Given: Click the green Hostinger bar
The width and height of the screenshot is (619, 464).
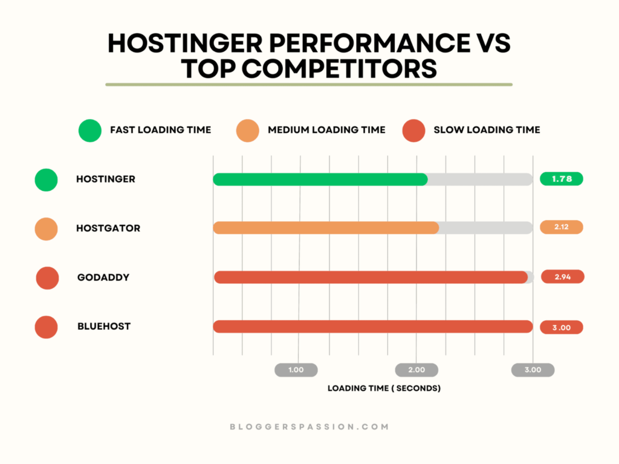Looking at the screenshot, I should tap(320, 179).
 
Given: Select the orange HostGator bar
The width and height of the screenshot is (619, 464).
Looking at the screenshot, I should tap(326, 228).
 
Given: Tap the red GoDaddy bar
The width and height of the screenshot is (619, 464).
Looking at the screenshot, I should tap(371, 277).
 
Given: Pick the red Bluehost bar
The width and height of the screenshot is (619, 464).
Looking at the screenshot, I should tap(373, 326).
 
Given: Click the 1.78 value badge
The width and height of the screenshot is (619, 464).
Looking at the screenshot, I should tap(562, 179).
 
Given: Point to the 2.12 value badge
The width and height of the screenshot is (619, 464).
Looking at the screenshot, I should tap(562, 227).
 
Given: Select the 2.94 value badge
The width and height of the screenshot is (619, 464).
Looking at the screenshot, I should tap(562, 277).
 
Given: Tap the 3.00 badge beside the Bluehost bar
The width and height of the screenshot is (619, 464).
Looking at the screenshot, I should tap(562, 327).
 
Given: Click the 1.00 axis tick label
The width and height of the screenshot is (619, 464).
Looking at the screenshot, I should tap(296, 370).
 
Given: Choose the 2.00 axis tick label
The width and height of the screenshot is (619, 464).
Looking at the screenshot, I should tap(416, 370).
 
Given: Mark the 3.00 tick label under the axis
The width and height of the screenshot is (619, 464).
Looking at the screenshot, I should tap(533, 370).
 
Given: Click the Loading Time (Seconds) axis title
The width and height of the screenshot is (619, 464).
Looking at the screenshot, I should tap(384, 388).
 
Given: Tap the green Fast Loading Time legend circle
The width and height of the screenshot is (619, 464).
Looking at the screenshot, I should tap(89, 130).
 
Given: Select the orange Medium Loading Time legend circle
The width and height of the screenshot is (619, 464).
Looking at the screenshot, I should tap(247, 130).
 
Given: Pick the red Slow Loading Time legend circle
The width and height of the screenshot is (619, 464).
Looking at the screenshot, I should tap(413, 130).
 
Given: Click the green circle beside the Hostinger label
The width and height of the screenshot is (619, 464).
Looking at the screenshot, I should tap(47, 179).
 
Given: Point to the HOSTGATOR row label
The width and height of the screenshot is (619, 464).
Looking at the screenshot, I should tap(108, 228).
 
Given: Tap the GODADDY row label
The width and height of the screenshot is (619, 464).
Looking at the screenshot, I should tap(103, 277).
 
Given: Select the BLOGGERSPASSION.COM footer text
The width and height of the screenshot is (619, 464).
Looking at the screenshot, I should tap(309, 427).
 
